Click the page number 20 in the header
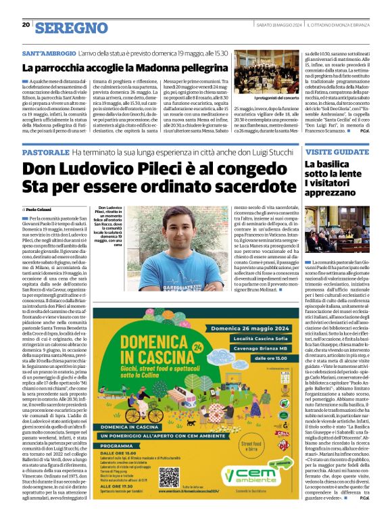tap(25, 25)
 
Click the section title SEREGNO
tap(71, 27)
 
